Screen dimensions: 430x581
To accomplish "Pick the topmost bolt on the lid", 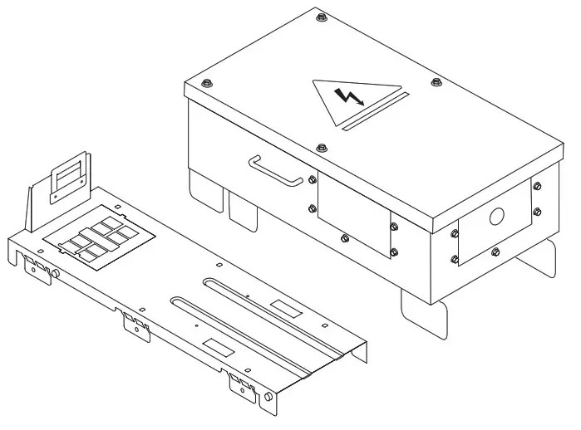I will pyautogui.click(x=321, y=14).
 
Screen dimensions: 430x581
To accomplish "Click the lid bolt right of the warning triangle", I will pyautogui.click(x=436, y=82).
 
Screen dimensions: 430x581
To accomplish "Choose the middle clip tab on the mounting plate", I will pyautogui.click(x=135, y=323).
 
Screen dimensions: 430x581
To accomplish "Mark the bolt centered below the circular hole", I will pyautogui.click(x=495, y=252).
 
